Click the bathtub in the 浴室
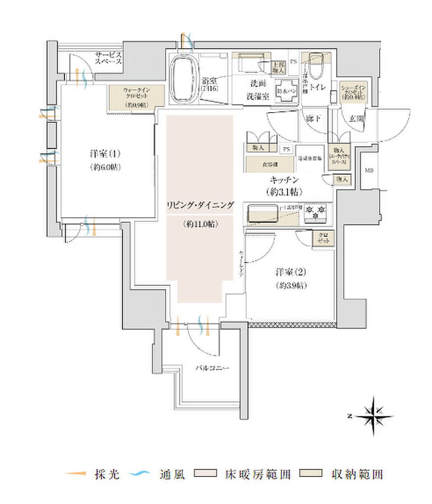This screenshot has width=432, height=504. click(x=184, y=79)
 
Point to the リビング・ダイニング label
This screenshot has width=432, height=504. click(x=199, y=205)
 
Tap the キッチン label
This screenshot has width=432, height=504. click(x=283, y=181)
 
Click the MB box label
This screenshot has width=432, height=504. click(x=368, y=171)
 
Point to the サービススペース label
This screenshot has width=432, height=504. click(x=108, y=59)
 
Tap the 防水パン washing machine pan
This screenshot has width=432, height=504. click(x=287, y=91)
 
